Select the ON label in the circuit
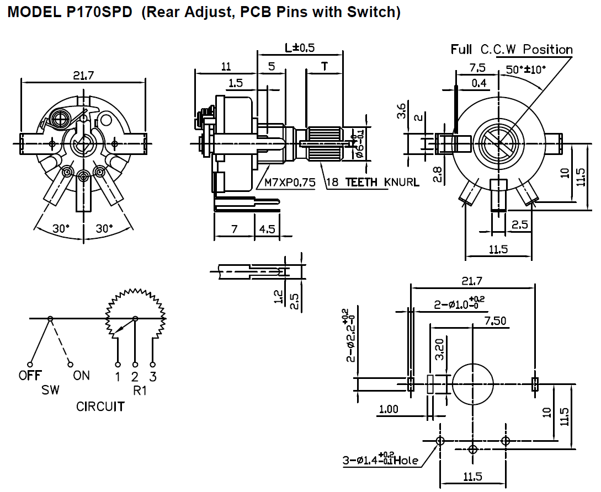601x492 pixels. pos(81,376)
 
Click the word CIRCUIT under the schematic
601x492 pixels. pos(100,407)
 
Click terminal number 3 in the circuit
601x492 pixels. pos(153,377)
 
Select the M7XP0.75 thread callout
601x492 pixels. pos(289,182)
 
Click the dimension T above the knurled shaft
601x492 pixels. pos(325,67)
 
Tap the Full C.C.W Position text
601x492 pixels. pos(512,50)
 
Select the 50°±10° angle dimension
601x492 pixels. pos(526,70)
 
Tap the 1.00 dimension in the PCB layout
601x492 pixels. pos(389,409)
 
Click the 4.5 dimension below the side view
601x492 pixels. pos(267,228)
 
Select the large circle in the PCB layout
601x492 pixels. pos(473,383)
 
